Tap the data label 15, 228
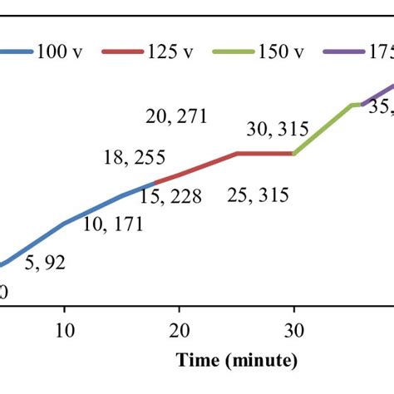(x=164, y=196)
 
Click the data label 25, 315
(x=257, y=196)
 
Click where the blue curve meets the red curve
(x=155, y=183)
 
